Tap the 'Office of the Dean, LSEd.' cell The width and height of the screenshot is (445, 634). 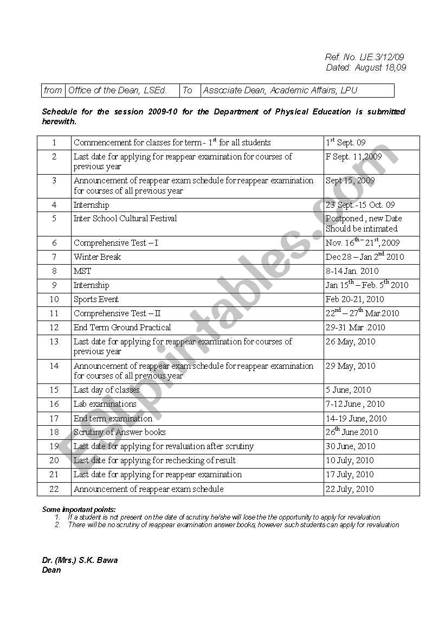[x=117, y=91]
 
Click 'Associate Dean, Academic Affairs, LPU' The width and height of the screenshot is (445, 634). [x=280, y=91]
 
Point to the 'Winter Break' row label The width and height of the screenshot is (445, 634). [x=97, y=257]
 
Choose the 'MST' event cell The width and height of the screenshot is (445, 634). [x=82, y=271]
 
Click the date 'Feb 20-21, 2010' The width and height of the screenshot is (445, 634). [x=354, y=299]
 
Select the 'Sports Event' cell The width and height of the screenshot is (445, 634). [x=96, y=299]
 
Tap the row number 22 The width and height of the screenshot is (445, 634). [x=54, y=489]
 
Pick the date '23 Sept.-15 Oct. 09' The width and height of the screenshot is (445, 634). [x=360, y=205]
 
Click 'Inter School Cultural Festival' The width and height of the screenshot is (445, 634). [x=125, y=219]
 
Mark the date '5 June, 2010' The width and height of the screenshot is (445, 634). [x=348, y=390]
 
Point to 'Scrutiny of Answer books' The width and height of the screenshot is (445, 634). [x=119, y=432]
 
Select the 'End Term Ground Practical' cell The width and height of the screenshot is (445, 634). [x=122, y=328]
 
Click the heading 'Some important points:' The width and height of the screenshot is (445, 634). [x=79, y=509]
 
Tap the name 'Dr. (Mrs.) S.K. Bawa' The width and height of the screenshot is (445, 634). [x=80, y=560]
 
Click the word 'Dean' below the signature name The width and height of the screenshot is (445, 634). [x=51, y=570]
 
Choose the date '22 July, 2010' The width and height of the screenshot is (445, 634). [x=350, y=489]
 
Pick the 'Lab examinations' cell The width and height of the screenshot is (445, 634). [x=105, y=404]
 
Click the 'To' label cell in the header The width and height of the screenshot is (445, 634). [x=188, y=91]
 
